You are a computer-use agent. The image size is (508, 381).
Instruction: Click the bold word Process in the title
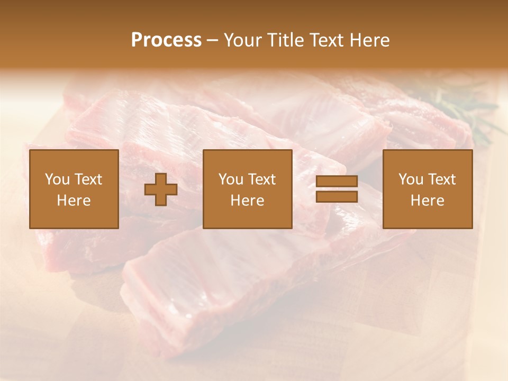pos(166,40)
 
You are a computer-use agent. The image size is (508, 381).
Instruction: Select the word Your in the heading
pos(243,40)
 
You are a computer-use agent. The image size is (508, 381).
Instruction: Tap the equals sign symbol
pos(337,189)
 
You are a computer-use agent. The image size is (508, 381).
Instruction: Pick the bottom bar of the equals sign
pos(337,197)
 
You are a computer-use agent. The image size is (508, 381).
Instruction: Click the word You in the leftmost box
pos(57,179)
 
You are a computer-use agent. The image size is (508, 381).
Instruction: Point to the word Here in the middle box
pos(248,201)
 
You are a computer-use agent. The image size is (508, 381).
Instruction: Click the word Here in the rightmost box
pos(428,201)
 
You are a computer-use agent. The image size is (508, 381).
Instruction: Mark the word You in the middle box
pos(231,179)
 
